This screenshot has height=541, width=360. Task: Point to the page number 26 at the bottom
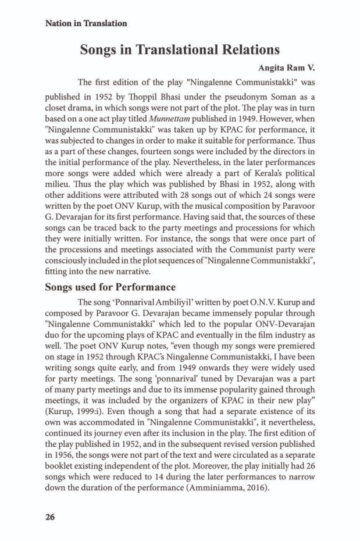tap(49, 516)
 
